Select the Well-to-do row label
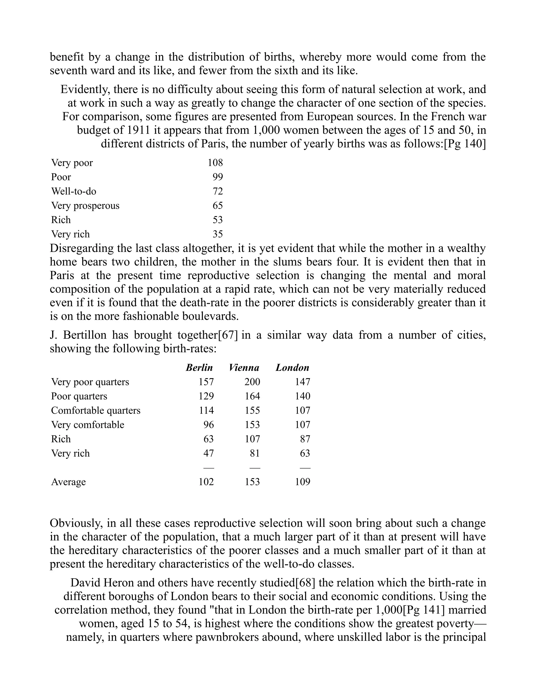(74, 191)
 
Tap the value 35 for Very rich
(217, 234)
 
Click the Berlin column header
(199, 368)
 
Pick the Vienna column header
(244, 368)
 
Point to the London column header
(292, 368)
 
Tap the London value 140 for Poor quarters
(302, 396)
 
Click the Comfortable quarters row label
(96, 411)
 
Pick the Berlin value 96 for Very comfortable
(209, 425)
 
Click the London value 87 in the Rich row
(305, 439)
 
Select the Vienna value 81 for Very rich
(255, 453)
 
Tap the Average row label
(68, 482)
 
